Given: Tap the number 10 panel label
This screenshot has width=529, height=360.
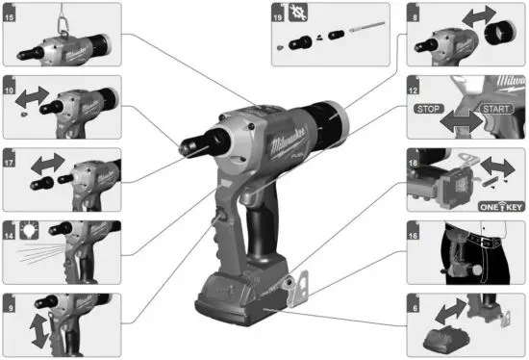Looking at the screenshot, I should (x=11, y=86).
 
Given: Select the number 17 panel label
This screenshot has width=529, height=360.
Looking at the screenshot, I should (x=11, y=154).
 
